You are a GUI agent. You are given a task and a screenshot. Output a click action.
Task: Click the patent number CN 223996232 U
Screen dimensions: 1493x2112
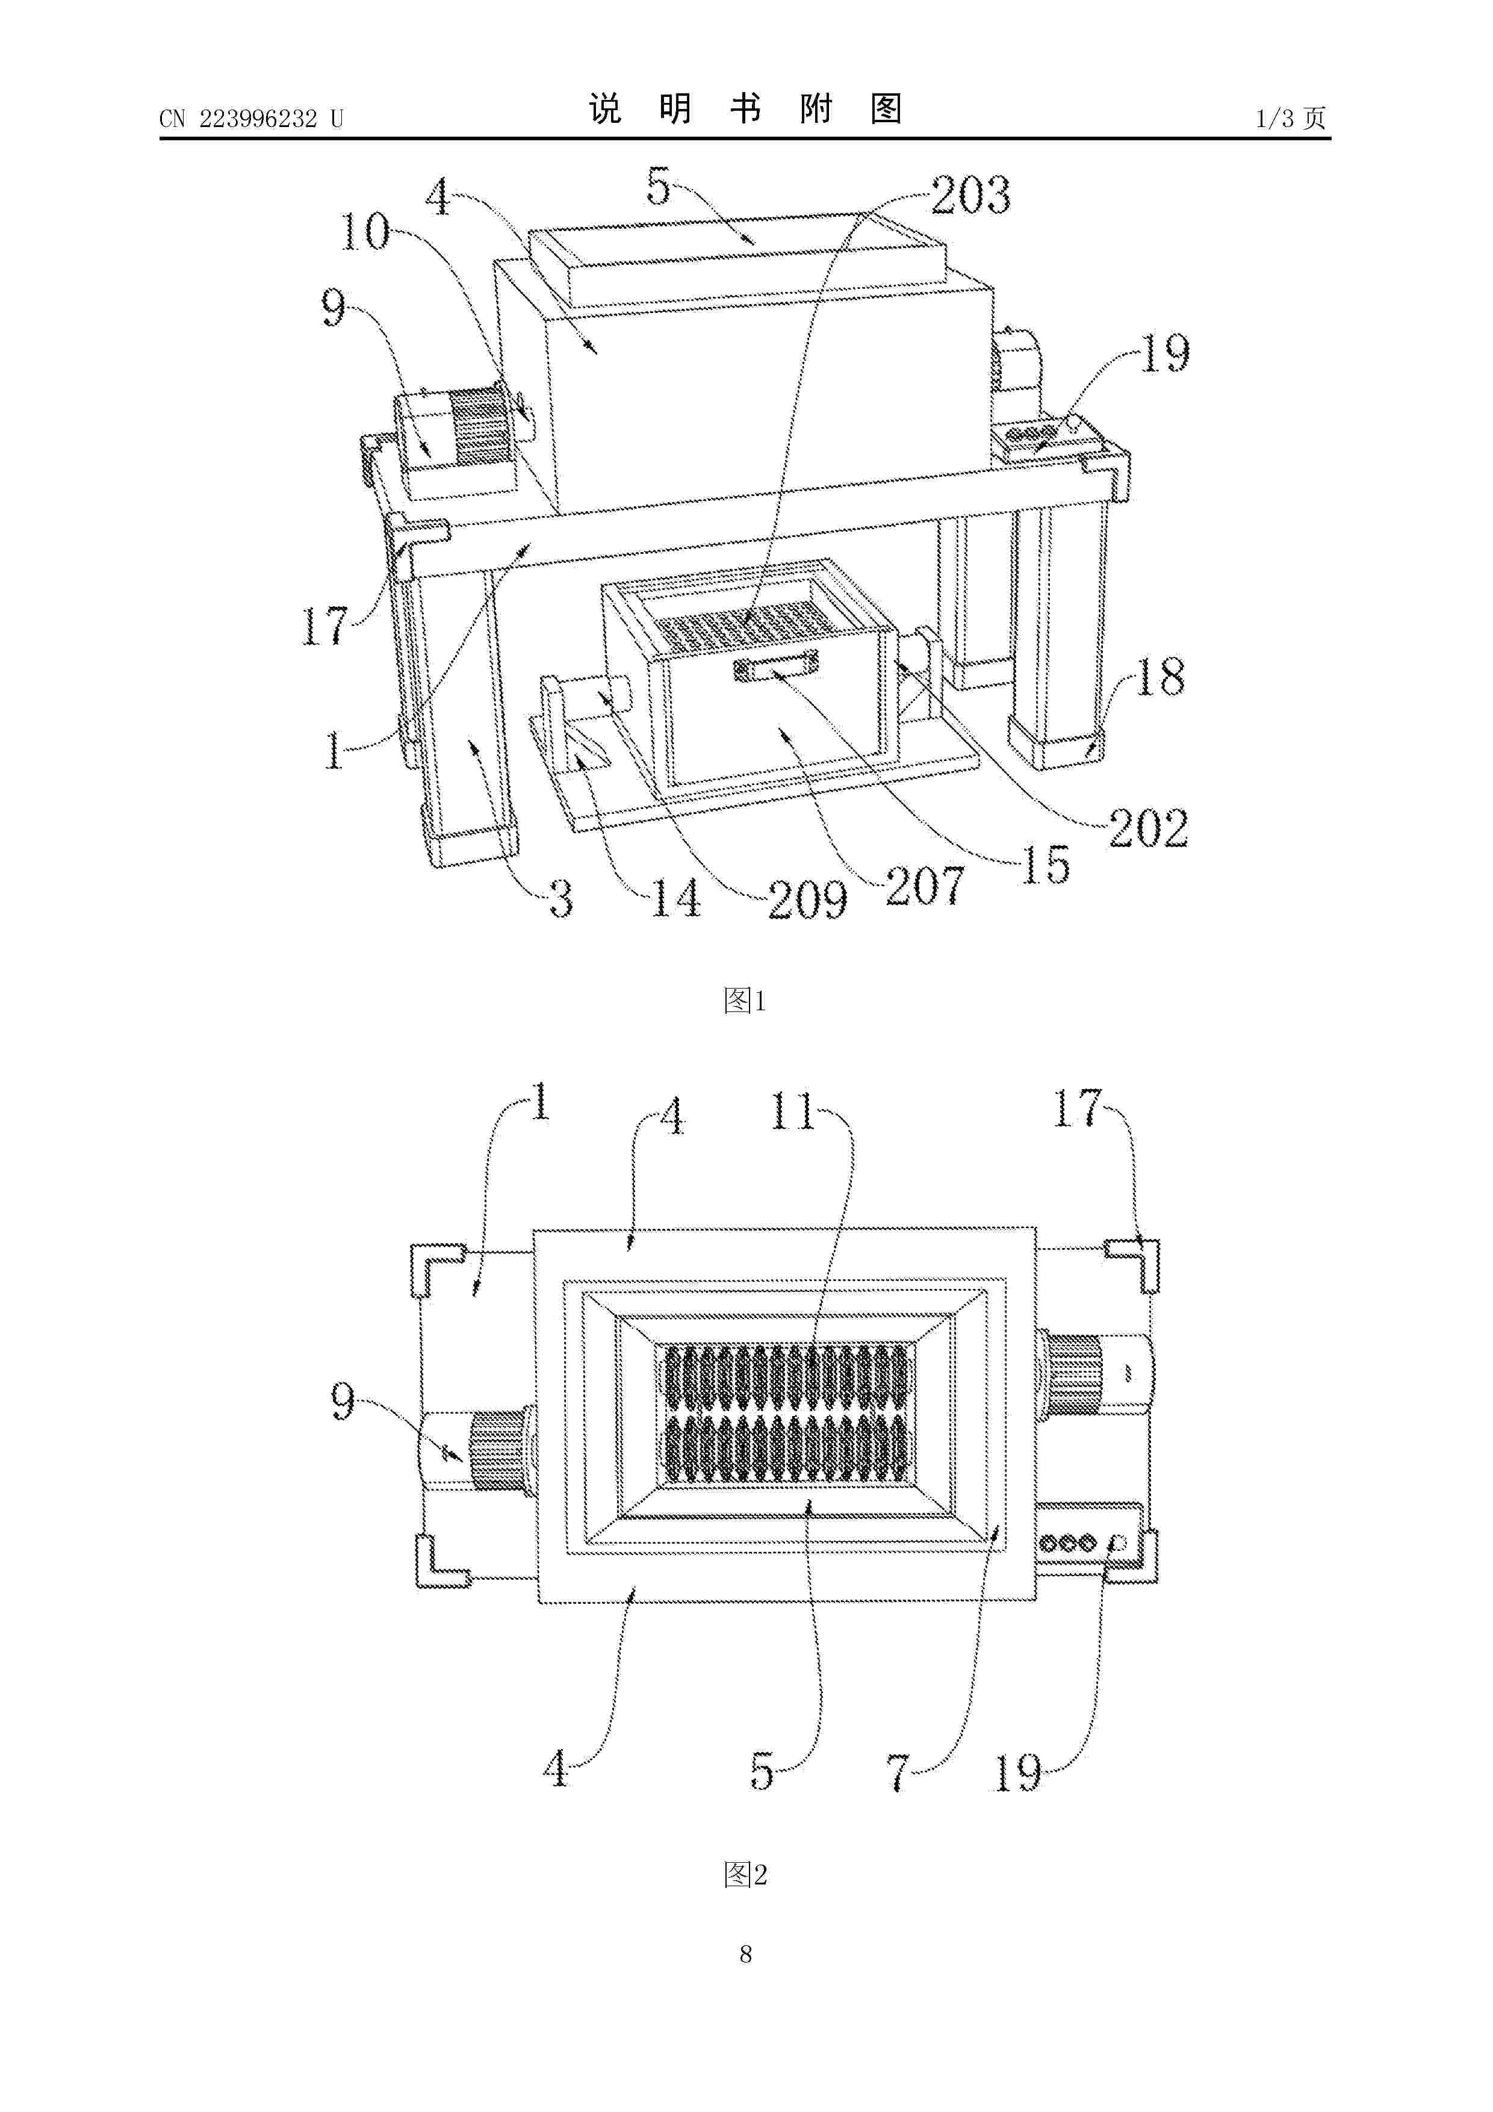click(x=251, y=119)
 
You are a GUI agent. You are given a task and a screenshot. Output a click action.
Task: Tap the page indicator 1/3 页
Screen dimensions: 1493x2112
click(x=1291, y=118)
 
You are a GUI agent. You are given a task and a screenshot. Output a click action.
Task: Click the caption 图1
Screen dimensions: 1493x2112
click(x=745, y=1000)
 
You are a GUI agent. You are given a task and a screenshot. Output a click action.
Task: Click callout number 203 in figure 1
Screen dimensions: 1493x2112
click(x=970, y=195)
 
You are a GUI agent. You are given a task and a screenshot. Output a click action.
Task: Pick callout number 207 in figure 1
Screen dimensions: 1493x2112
click(x=925, y=886)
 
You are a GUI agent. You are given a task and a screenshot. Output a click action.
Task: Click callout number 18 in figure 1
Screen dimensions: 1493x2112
click(x=1161, y=677)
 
